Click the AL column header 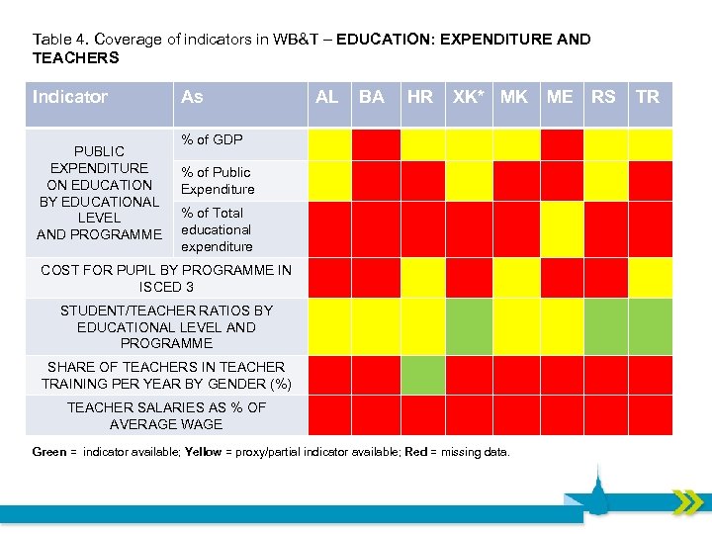tap(326, 97)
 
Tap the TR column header tap(648, 97)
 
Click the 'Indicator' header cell tap(69, 97)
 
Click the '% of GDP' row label tap(212, 139)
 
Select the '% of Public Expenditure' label tap(218, 181)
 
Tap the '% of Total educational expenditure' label tap(217, 229)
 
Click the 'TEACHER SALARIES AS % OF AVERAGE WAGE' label tap(166, 415)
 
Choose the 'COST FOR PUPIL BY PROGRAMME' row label tap(166, 278)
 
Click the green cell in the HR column tap(423, 375)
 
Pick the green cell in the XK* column tap(469, 326)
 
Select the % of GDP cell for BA tap(376, 144)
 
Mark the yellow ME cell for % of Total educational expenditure tap(562, 229)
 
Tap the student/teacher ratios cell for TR tap(651, 326)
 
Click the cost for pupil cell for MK tap(516, 278)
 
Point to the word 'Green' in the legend tap(48, 452)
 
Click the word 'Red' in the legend tap(415, 452)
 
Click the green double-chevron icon tap(687, 502)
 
